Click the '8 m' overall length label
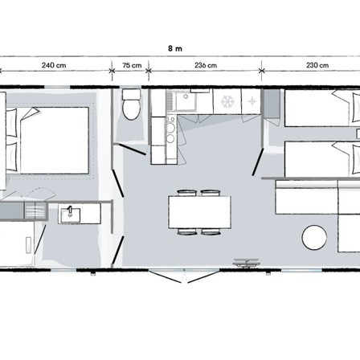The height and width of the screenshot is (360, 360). tap(175, 48)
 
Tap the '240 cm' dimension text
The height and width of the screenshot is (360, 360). tap(54, 65)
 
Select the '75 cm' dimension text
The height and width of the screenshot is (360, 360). tap(132, 65)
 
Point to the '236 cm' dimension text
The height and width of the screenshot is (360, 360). tap(206, 65)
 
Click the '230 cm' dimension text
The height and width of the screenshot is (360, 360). tap(317, 65)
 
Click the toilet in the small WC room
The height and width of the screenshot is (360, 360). tap(131, 104)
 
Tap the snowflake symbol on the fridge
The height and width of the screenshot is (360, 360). tap(227, 102)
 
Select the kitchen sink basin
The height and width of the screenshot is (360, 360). tap(185, 101)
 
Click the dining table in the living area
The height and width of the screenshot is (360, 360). tap(199, 212)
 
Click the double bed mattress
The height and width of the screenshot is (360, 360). tap(55, 141)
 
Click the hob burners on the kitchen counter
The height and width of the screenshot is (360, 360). tap(170, 133)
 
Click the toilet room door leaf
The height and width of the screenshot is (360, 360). tap(133, 149)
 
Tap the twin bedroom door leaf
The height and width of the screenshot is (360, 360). tap(257, 162)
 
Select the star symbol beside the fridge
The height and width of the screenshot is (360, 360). tap(252, 101)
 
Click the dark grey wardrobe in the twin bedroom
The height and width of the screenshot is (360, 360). tap(272, 103)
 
